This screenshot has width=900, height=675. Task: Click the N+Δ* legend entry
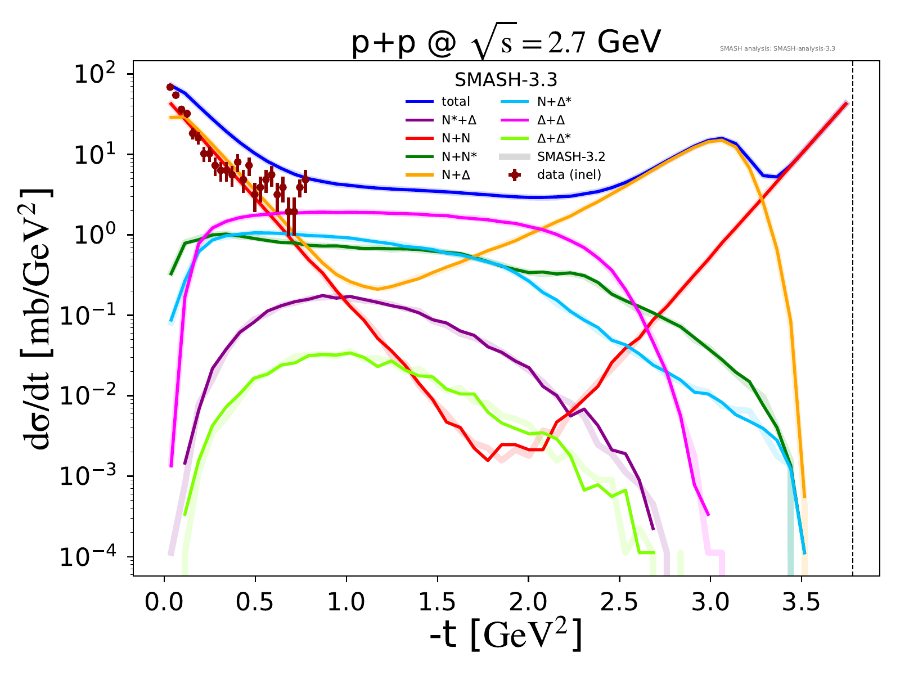pos(556,102)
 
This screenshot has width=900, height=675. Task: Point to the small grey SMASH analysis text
pos(777,49)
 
